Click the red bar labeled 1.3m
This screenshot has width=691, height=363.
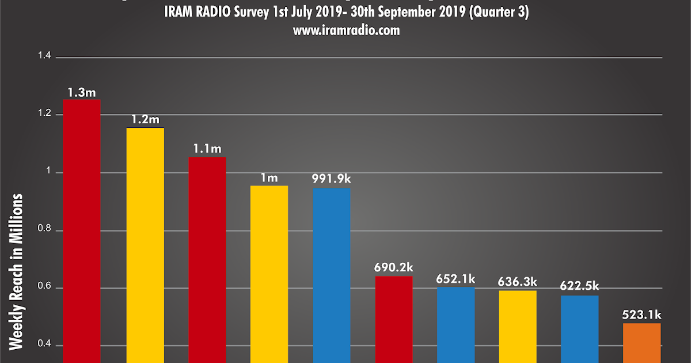82,230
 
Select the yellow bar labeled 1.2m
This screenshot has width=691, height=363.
145,245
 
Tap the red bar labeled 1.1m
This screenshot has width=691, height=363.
207,259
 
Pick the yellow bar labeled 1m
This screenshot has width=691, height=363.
269,274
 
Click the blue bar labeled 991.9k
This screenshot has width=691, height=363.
331,275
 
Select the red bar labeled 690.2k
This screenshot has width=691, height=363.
394,319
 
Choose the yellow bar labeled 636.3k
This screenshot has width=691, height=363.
517,326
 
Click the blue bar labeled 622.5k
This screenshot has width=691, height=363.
579,329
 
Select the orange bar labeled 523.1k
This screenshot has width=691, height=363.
641,343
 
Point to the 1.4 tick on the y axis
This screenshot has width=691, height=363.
44,56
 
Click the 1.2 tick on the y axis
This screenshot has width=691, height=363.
44,114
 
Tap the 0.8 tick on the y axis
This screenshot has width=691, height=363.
44,230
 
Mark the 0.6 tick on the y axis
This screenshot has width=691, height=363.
44,288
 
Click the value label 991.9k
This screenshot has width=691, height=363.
331,179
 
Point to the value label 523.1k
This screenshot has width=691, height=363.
641,315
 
